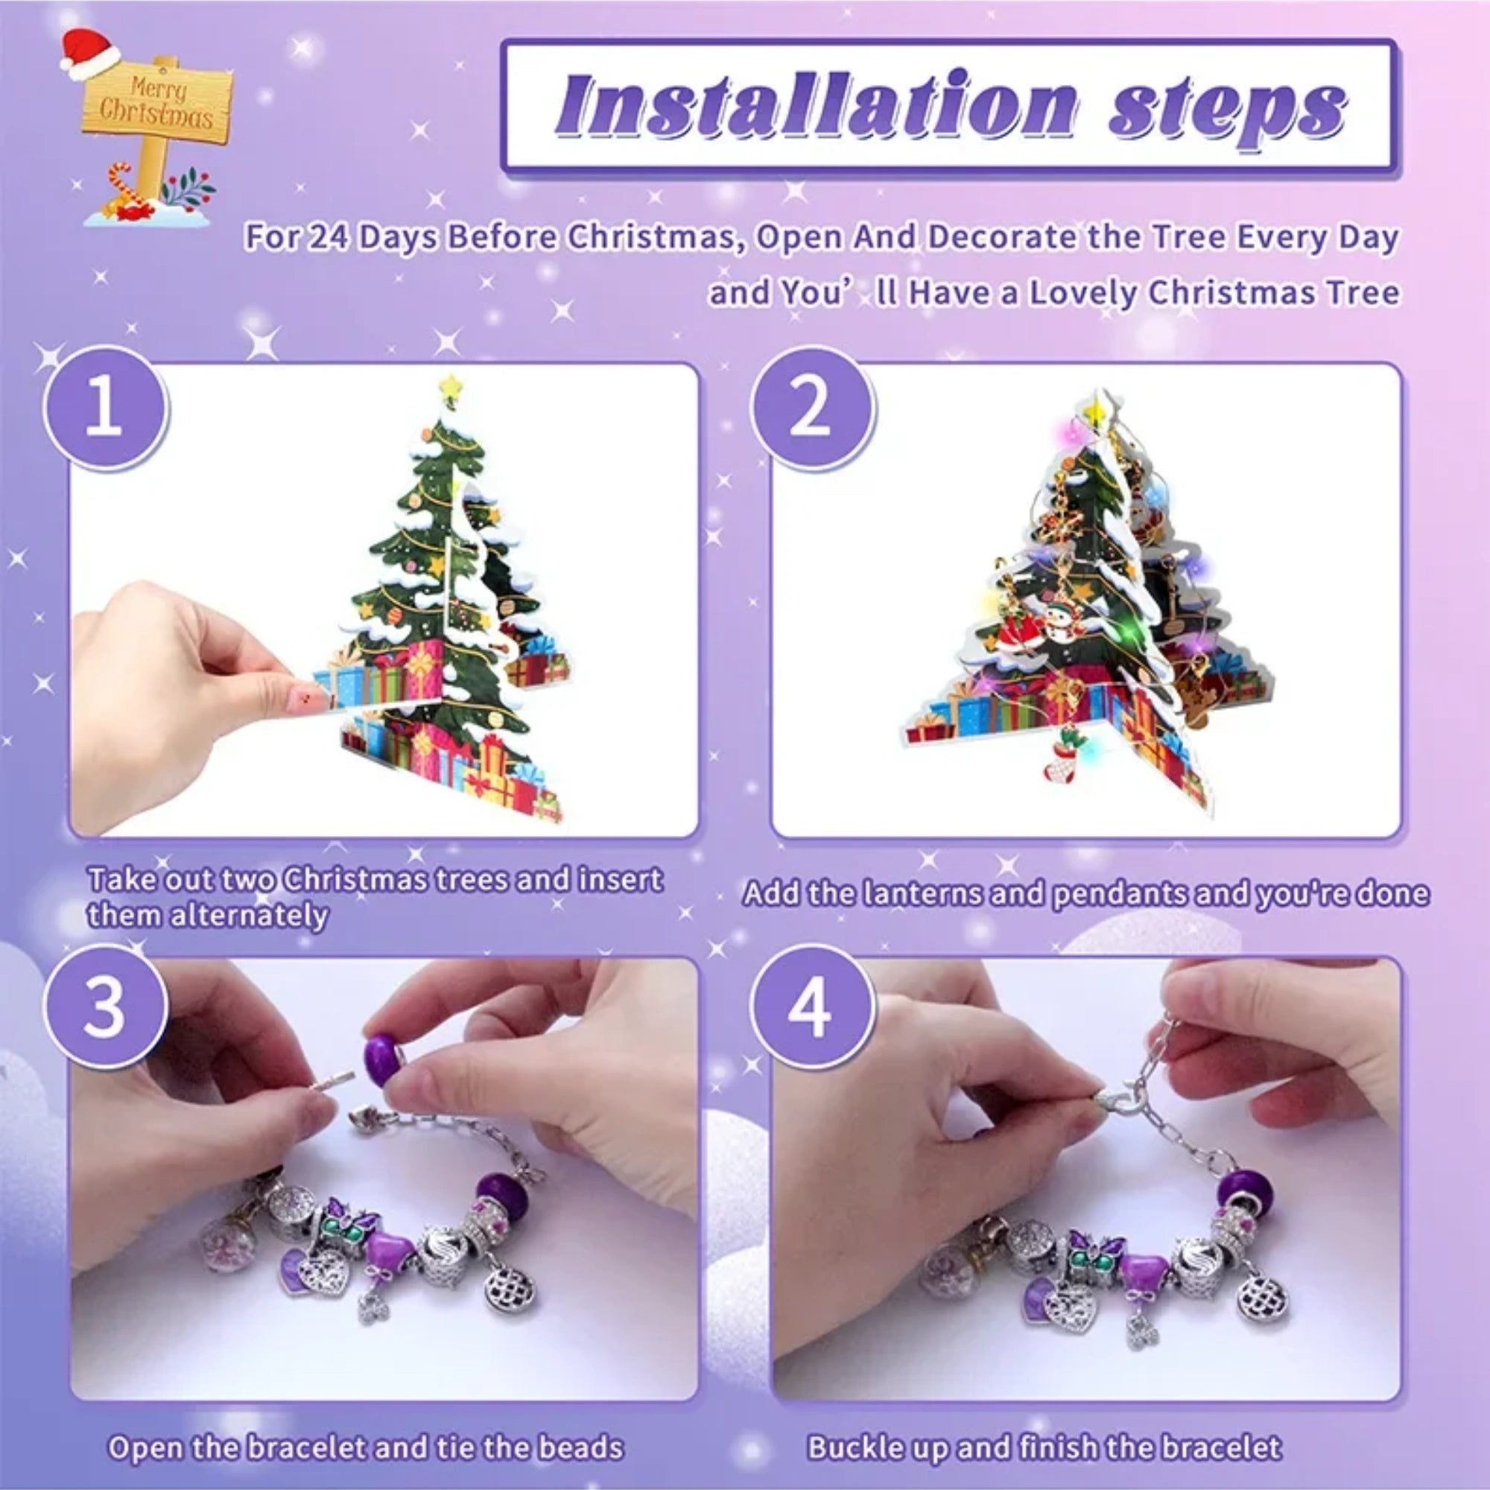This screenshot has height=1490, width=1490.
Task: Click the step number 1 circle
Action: pyautogui.click(x=105, y=410)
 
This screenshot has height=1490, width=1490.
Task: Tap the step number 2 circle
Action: pyautogui.click(x=811, y=410)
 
